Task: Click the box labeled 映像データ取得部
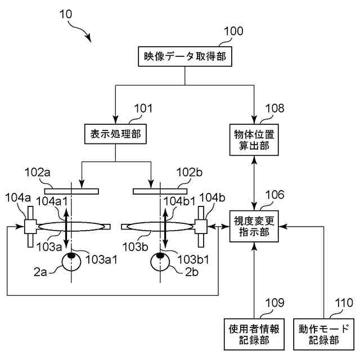coord(185,56)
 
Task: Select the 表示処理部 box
coord(115,134)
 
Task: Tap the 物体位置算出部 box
coord(254,140)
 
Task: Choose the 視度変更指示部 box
coord(254,226)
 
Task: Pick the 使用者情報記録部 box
coord(254,334)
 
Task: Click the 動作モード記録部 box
coord(324,334)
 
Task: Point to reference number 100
coord(233,31)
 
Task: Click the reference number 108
coord(275,108)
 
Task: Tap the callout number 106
coord(275,195)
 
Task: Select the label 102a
coord(38,173)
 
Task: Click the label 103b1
coord(193,260)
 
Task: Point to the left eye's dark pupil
coord(71,255)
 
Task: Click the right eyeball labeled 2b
coord(160,262)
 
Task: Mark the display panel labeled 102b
coord(160,191)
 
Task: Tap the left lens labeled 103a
coord(71,227)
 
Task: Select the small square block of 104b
coord(201,227)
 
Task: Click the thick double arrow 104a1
coord(66,228)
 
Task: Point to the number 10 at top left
coord(66,14)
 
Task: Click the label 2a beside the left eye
coord(40,272)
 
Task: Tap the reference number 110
coord(344,303)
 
